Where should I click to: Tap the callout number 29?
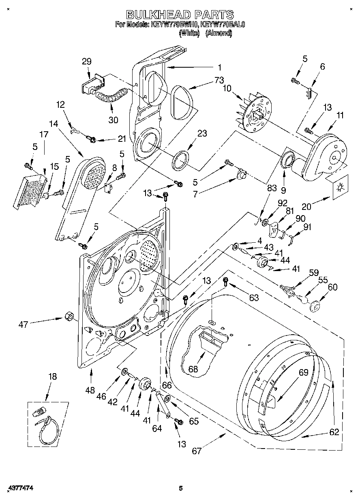[x=86, y=62]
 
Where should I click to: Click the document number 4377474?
[x=19, y=489]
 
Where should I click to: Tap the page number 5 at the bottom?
[x=181, y=489]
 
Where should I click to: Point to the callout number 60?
[x=332, y=287]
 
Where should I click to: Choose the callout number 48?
[x=90, y=390]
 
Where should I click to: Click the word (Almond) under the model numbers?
[x=219, y=34]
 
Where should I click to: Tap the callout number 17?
[x=43, y=135]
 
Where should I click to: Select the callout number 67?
[x=197, y=451]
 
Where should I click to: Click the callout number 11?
[x=340, y=115]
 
